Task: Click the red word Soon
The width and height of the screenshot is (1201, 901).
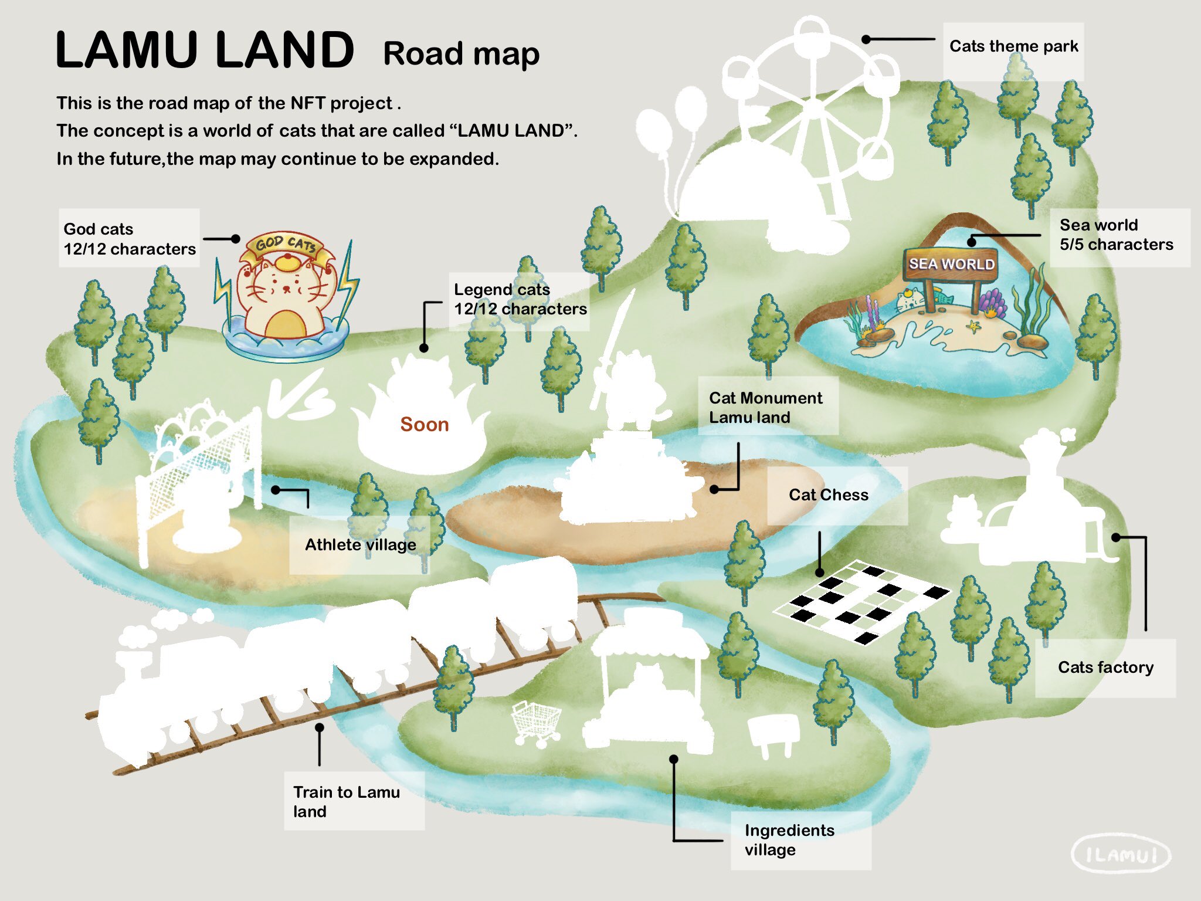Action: (x=424, y=424)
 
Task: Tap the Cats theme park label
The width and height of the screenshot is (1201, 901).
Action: (x=1013, y=47)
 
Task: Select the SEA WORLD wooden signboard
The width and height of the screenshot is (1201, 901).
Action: (x=951, y=265)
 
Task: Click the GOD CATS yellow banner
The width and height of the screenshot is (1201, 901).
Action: (x=286, y=245)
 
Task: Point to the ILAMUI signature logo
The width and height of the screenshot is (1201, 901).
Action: (x=1121, y=854)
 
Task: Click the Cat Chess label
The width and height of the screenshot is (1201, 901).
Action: (x=828, y=495)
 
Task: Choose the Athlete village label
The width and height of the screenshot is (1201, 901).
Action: (x=360, y=545)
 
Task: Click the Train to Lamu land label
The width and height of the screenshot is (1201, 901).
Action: (x=347, y=801)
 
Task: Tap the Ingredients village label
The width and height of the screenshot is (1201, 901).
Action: (x=789, y=840)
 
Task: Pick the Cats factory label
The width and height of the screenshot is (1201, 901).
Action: (x=1105, y=668)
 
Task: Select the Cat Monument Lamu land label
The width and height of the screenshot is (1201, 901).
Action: (x=765, y=407)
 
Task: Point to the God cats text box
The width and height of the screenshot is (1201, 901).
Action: (x=129, y=239)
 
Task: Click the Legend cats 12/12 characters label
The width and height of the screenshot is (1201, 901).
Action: (x=520, y=299)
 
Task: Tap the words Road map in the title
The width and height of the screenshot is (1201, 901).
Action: (x=461, y=54)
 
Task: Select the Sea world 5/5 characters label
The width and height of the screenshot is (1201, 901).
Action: (x=1116, y=235)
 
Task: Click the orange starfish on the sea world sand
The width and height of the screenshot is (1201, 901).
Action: (x=973, y=326)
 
